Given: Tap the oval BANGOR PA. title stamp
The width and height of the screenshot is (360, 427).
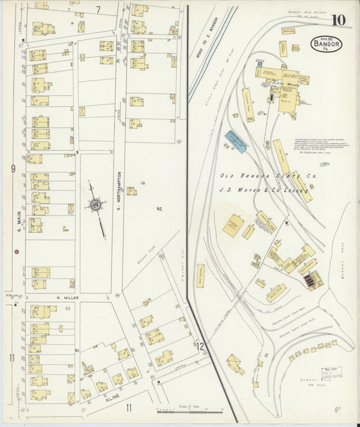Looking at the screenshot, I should coord(326,45).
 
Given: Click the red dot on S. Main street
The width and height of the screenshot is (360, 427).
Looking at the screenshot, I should coord(16,251).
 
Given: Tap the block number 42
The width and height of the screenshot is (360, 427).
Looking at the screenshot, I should coord(159,209).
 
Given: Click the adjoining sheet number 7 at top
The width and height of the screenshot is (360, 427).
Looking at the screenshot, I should coord(98,9).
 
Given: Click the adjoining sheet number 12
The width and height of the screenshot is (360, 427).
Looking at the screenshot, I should coord(201,346).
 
